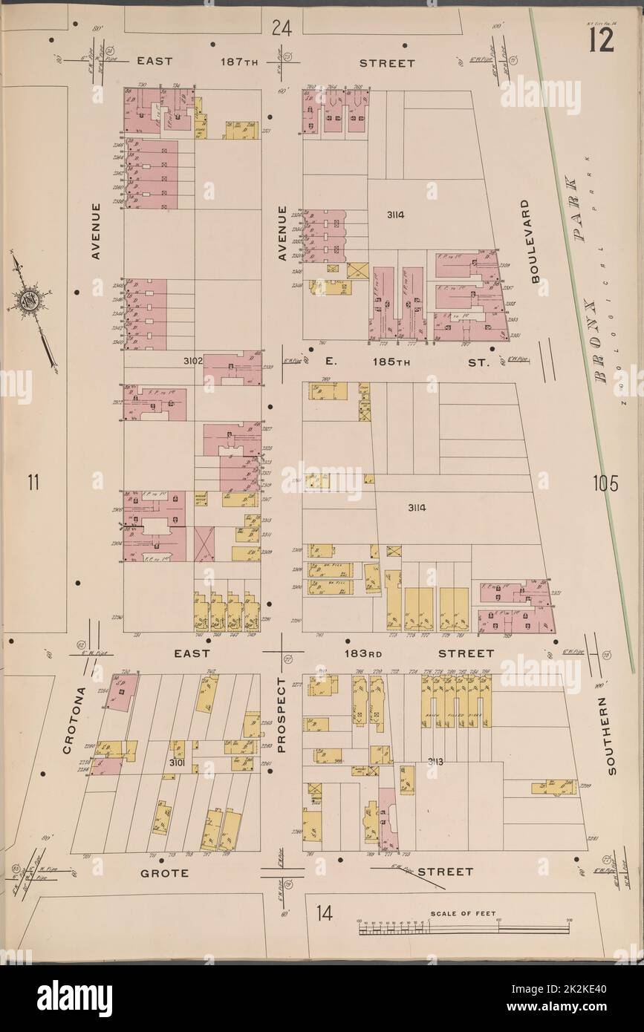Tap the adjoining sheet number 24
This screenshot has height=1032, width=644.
(x=281, y=29)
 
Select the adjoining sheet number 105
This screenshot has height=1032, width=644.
(x=605, y=484)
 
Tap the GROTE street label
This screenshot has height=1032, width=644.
(x=164, y=873)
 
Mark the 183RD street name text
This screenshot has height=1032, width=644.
(x=362, y=653)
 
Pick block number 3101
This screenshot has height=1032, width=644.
(x=176, y=762)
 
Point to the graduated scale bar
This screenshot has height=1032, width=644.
(x=461, y=928)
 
